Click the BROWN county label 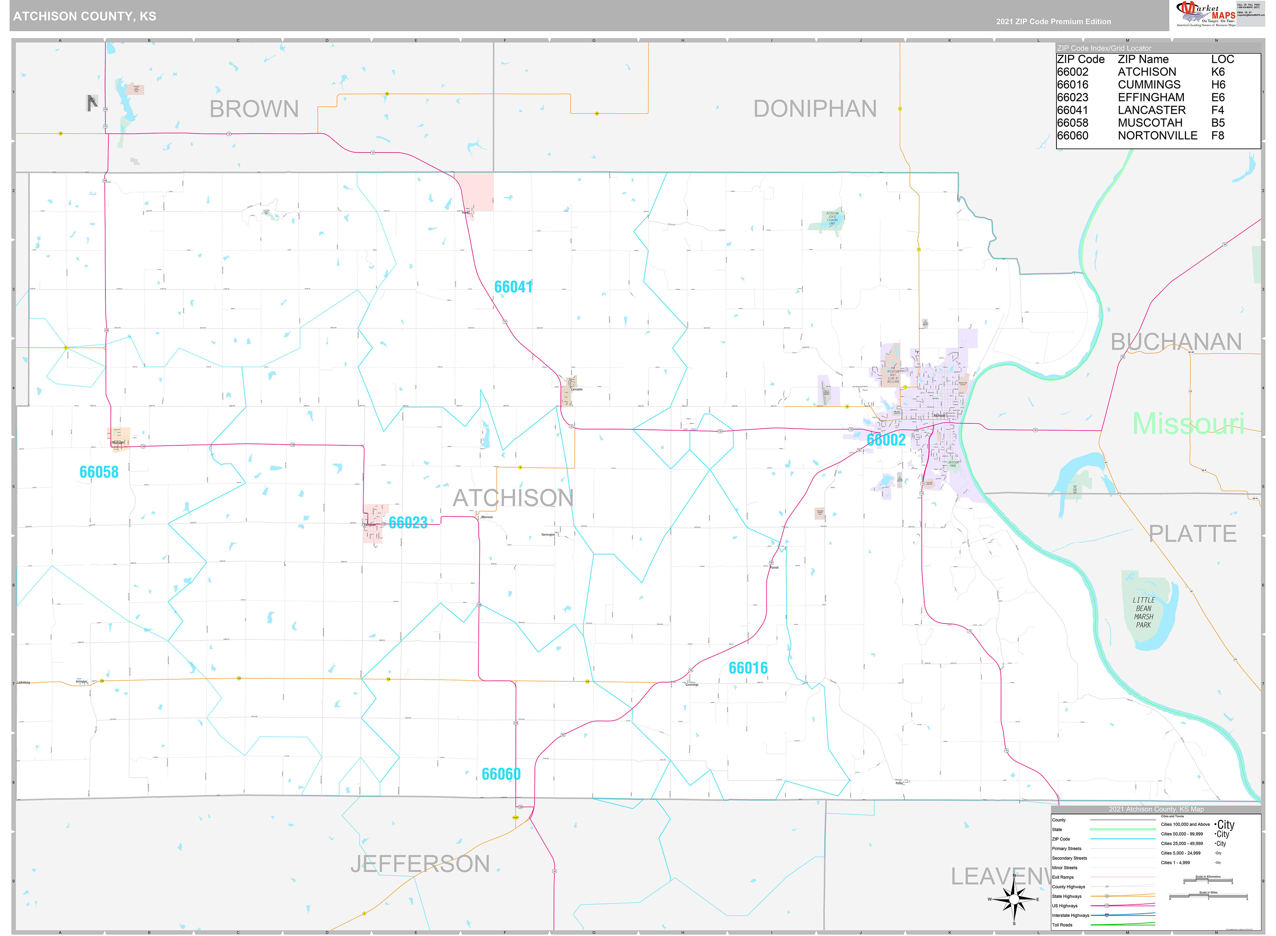[x=254, y=109]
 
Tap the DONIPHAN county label [x=815, y=109]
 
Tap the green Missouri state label [x=1188, y=424]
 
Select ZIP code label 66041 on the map [x=513, y=287]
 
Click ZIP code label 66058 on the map [x=99, y=472]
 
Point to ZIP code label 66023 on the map [x=408, y=522]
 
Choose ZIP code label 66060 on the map [x=501, y=774]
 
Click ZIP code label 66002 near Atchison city [x=886, y=440]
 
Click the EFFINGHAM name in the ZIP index [x=1151, y=98]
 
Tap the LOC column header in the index [x=1222, y=59]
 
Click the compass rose [x=1014, y=899]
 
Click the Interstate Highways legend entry [x=1070, y=915]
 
